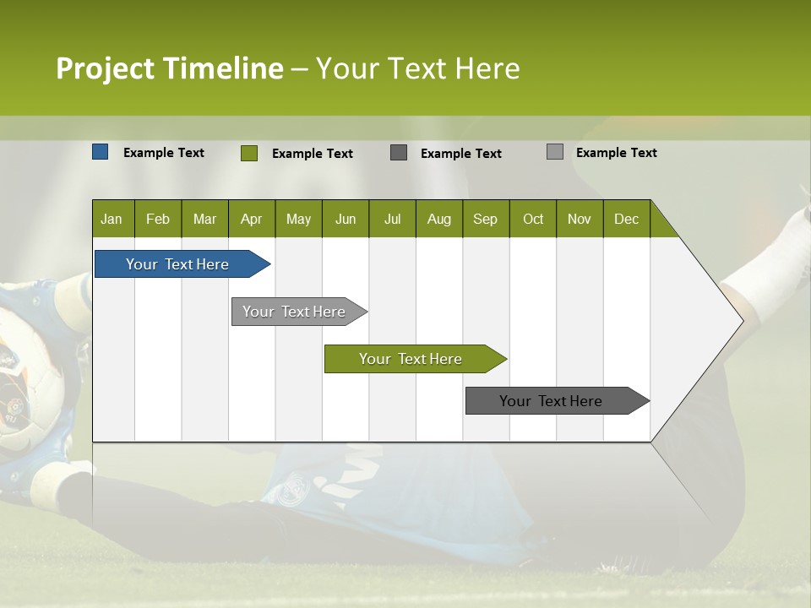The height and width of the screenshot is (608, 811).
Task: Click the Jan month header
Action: click(112, 219)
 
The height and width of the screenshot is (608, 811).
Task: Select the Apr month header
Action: click(252, 219)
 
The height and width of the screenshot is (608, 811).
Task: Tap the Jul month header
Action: click(392, 219)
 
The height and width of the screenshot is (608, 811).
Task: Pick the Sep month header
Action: click(485, 219)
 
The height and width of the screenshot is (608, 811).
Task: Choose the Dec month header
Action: click(626, 219)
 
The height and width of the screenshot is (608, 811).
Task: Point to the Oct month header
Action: click(533, 219)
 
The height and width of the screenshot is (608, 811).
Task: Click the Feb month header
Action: click(158, 219)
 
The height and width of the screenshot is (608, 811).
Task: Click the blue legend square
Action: click(101, 152)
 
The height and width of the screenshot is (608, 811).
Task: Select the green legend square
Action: click(249, 153)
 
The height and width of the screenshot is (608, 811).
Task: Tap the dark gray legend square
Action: click(399, 153)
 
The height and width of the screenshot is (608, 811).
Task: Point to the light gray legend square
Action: click(554, 152)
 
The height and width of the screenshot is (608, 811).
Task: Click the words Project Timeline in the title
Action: click(169, 68)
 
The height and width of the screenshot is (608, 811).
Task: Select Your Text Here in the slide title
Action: click(418, 68)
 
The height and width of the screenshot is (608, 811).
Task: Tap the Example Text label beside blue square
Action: click(164, 153)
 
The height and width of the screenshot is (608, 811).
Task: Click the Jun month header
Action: click(346, 219)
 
